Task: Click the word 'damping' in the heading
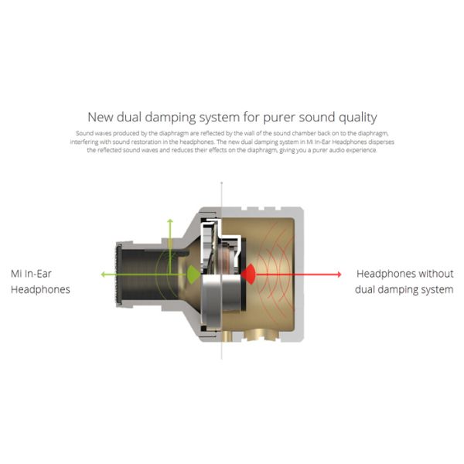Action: point(170,118)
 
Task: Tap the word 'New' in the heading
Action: point(101,117)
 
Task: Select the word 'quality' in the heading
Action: point(358,118)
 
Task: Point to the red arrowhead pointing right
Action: point(339,275)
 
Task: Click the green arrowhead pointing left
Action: point(104,275)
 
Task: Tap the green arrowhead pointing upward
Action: point(170,220)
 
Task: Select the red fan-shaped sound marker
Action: point(248,275)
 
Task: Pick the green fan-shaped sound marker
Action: point(193,275)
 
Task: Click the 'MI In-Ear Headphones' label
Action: point(40,281)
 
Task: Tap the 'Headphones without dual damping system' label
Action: point(404,281)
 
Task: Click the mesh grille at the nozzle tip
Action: point(119,275)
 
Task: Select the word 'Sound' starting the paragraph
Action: point(84,133)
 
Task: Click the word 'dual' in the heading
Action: point(129,117)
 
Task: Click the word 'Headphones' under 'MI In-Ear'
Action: point(40,289)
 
